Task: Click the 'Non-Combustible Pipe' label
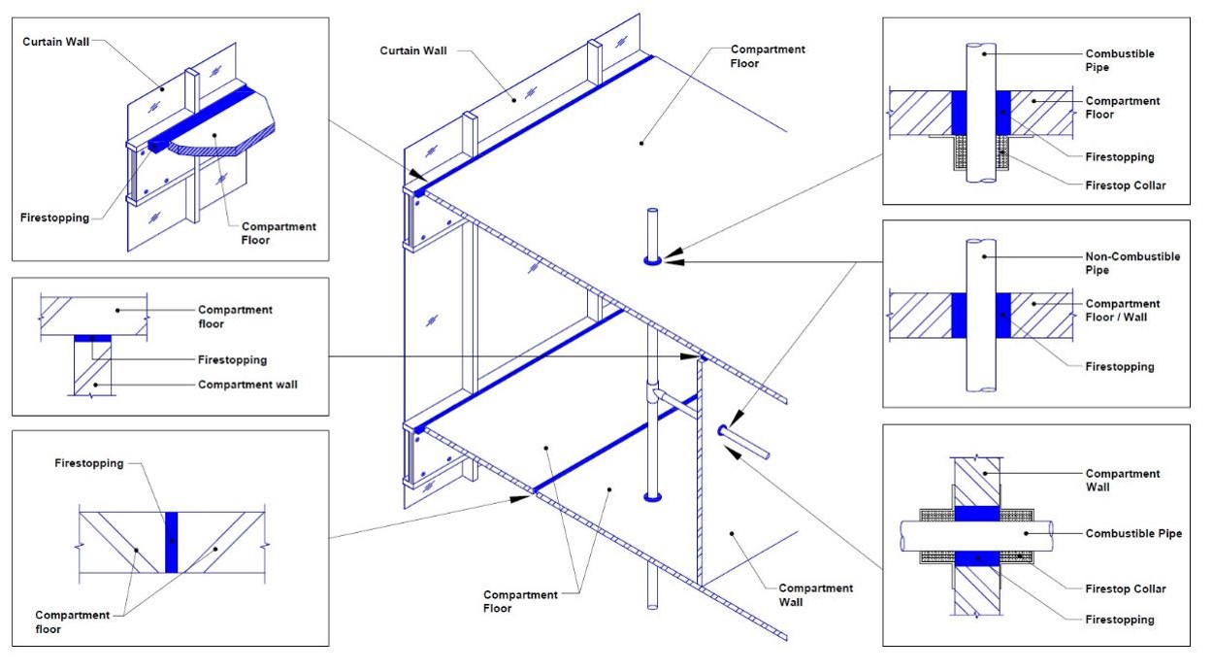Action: [x=1132, y=263]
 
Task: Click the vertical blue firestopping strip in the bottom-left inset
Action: [x=171, y=541]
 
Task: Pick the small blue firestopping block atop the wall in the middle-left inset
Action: [x=91, y=338]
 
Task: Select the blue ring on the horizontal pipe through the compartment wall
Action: [x=723, y=430]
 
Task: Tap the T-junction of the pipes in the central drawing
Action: [x=659, y=392]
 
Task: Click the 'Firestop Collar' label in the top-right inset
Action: [x=1126, y=185]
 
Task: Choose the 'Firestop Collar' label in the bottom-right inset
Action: [x=1126, y=588]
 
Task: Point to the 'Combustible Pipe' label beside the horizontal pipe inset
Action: [x=1133, y=533]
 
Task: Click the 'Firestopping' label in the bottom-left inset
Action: [x=90, y=463]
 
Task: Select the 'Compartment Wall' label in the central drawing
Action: [x=815, y=595]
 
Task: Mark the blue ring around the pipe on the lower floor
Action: [x=652, y=497]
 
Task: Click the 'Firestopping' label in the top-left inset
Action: [x=53, y=218]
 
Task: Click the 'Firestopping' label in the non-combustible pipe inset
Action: [x=1120, y=366]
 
